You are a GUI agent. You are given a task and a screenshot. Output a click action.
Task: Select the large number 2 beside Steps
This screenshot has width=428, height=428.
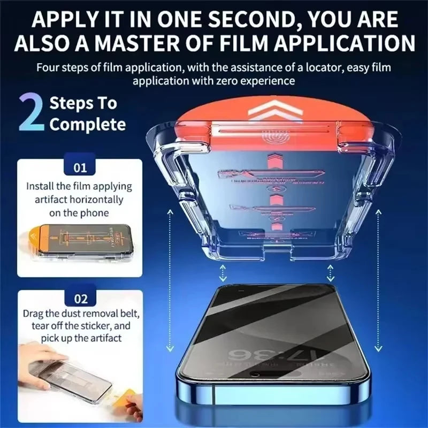point(31,113)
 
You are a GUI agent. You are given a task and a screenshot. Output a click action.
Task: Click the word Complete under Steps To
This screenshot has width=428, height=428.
point(87,125)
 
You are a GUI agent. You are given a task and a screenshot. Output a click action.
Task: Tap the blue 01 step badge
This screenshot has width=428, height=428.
point(80,168)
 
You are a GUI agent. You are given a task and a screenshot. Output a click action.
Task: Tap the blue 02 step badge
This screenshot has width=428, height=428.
point(80,299)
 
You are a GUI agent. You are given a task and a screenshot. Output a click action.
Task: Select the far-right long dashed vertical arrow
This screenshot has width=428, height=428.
point(379,278)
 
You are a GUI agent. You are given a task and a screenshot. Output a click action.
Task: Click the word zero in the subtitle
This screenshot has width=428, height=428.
point(233,81)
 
